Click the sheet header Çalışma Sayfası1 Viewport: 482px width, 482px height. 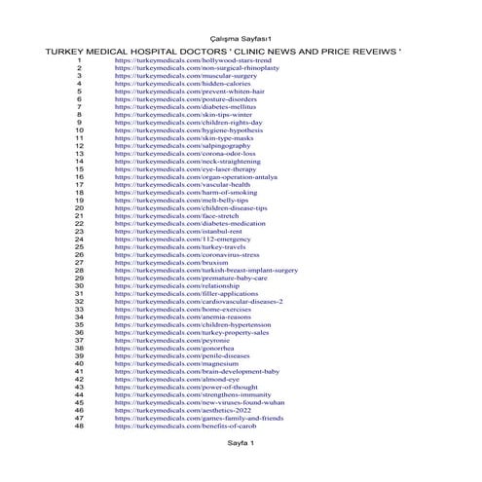(241, 36)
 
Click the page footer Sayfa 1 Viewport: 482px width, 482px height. (240, 443)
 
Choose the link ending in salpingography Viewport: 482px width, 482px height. (174, 146)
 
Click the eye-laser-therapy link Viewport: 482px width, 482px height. (179, 169)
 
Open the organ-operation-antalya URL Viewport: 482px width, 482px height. (189, 177)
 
